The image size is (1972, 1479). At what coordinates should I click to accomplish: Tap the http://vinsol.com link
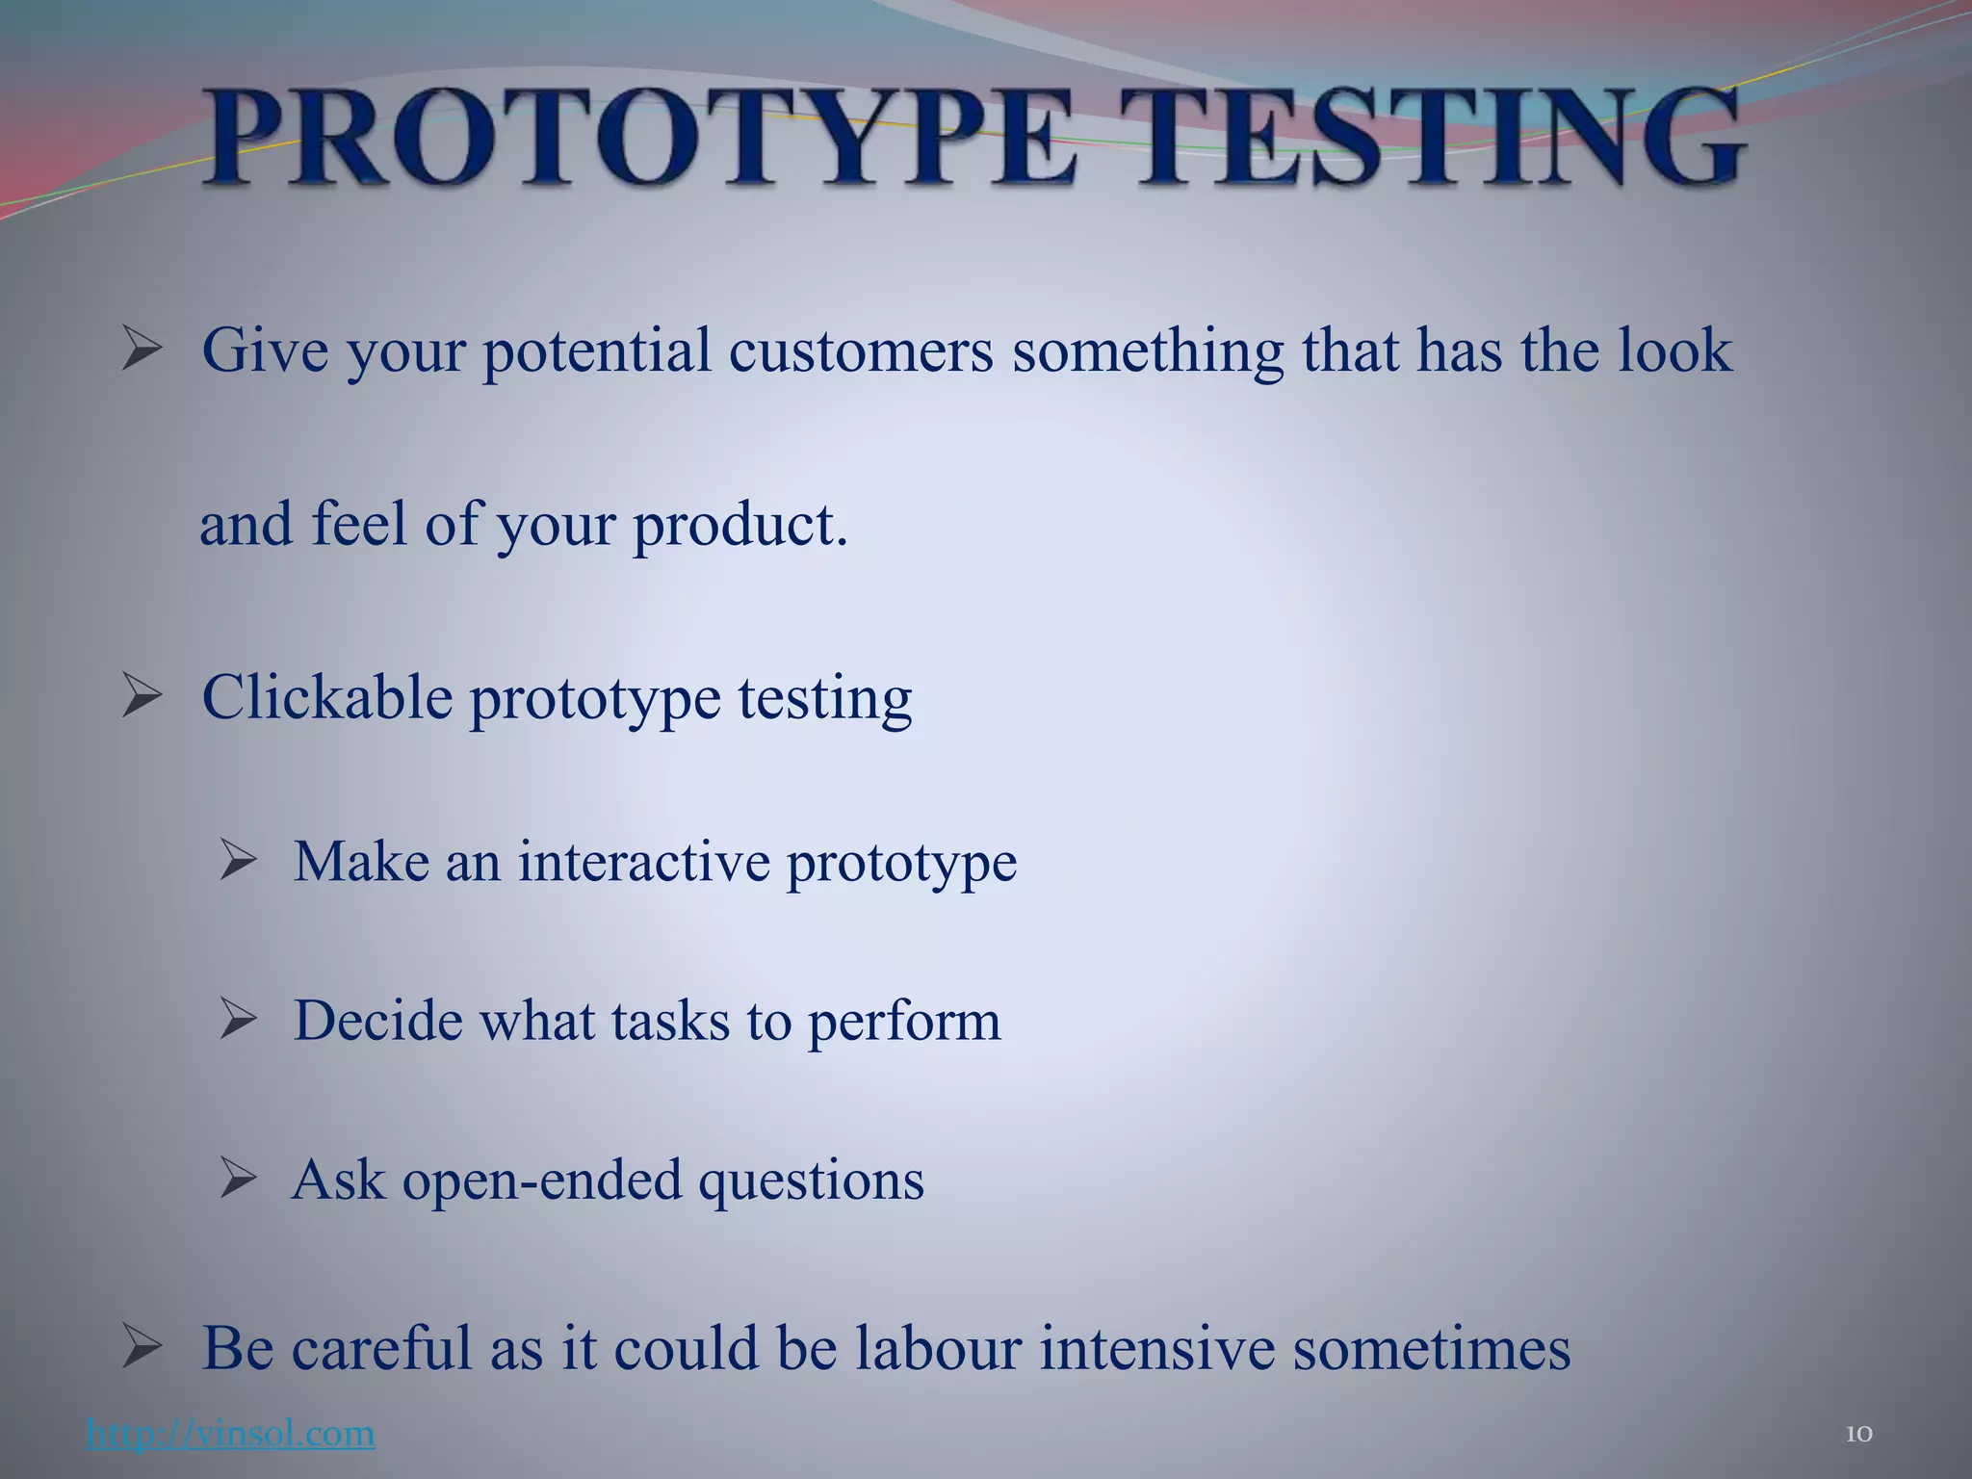click(x=230, y=1434)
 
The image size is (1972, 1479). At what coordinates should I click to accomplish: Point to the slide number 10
click(x=1858, y=1434)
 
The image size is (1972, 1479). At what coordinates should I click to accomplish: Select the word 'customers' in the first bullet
click(x=860, y=350)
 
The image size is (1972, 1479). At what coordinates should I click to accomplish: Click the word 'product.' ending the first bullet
click(x=739, y=526)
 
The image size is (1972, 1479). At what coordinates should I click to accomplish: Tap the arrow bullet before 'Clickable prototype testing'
click(x=142, y=697)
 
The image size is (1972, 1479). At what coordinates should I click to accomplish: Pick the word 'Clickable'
click(x=326, y=697)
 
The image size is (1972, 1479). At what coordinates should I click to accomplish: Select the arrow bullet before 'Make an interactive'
click(x=237, y=860)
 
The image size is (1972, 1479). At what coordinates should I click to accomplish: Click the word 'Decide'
click(x=377, y=1021)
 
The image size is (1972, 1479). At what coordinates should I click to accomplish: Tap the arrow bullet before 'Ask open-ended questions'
click(x=237, y=1179)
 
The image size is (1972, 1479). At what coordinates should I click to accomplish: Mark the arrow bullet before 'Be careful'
click(x=142, y=1348)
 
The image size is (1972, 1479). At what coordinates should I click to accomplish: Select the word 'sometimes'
click(x=1431, y=1348)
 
